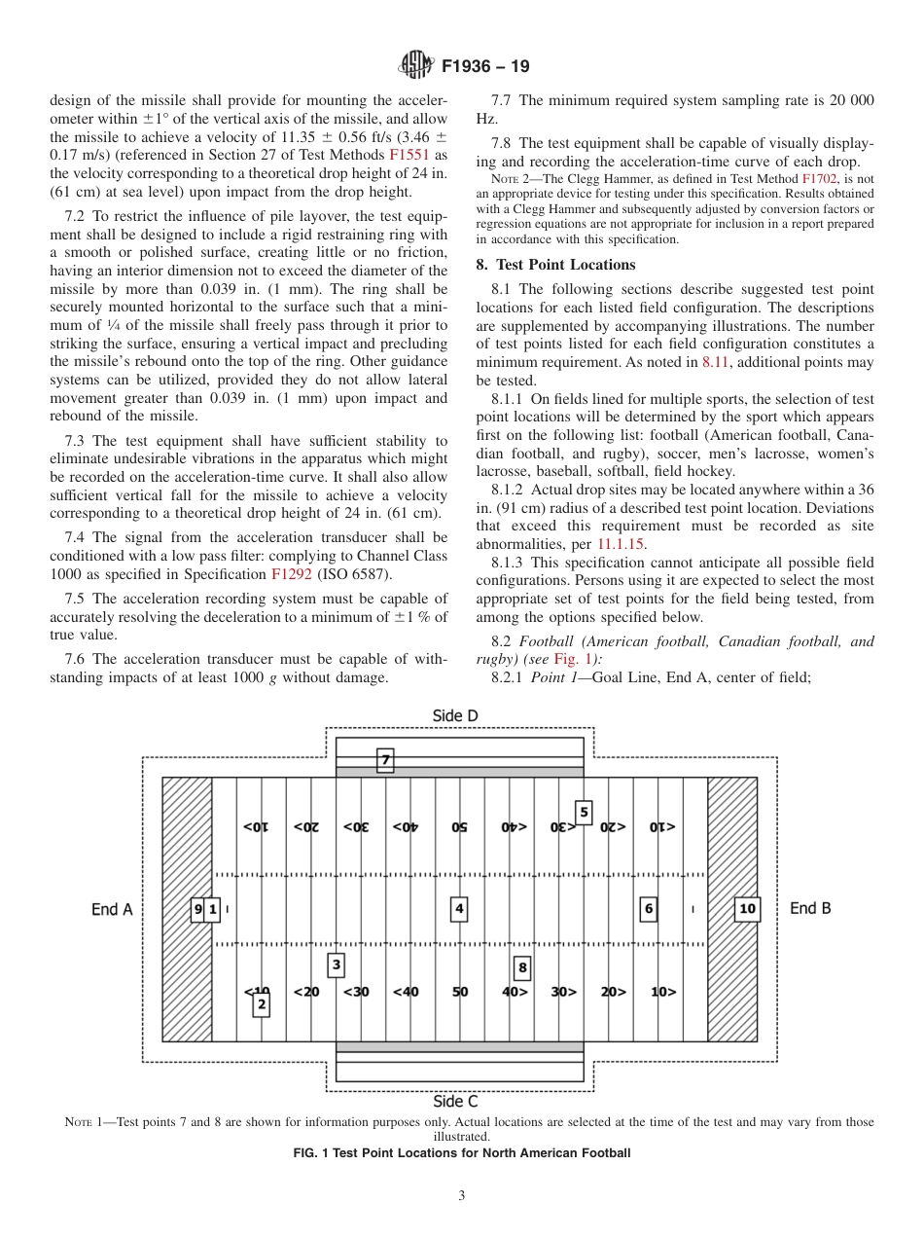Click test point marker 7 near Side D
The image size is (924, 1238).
click(385, 760)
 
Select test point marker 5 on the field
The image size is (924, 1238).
click(584, 812)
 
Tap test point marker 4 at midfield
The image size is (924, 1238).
click(459, 909)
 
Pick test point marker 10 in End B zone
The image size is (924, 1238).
click(747, 909)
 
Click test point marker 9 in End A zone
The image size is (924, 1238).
click(197, 910)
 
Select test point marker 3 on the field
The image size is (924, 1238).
click(336, 965)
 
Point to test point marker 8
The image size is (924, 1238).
click(522, 967)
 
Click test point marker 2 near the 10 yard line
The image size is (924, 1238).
click(261, 1003)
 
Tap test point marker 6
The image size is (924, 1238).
click(648, 909)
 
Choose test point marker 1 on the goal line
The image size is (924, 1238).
click(213, 910)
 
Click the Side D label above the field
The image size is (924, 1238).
click(455, 716)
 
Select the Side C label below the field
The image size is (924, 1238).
click(455, 1101)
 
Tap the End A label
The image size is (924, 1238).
click(112, 909)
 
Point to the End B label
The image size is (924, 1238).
click(810, 908)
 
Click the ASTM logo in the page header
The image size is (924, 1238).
click(415, 66)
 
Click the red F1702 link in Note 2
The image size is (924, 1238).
click(818, 180)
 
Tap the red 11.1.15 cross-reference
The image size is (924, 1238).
click(621, 544)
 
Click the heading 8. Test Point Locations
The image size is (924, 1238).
click(555, 265)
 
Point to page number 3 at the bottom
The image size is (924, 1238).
click(462, 1195)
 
